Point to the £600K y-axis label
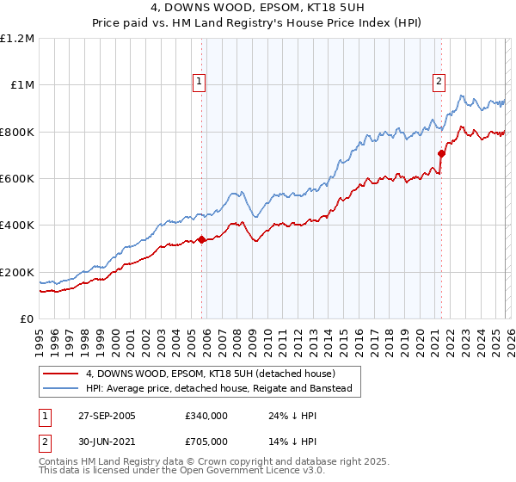click(x=17, y=179)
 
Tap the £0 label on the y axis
click(x=28, y=319)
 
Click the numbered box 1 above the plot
click(x=200, y=82)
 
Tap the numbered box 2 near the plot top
click(x=439, y=82)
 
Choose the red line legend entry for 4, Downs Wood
click(x=216, y=374)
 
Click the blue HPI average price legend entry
click(x=224, y=389)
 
